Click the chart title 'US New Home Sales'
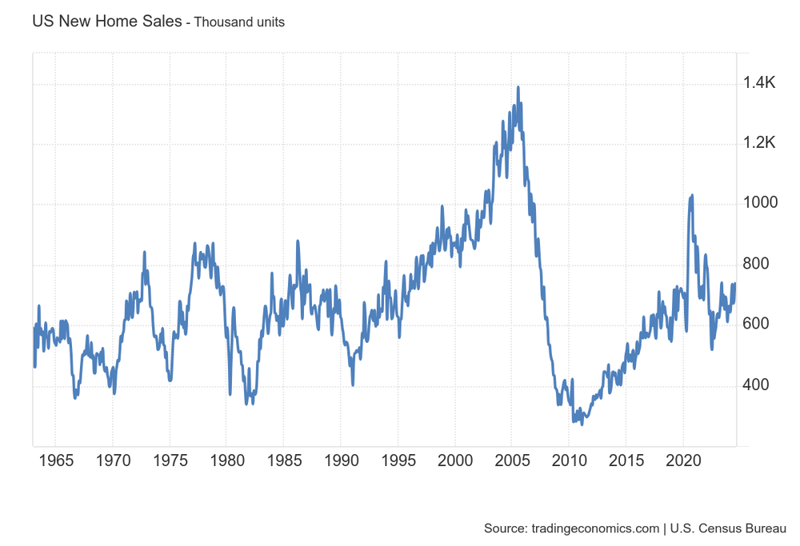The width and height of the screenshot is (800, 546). click(x=106, y=22)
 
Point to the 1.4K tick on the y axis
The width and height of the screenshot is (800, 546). click(x=761, y=82)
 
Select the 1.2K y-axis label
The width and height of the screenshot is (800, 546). click(x=761, y=143)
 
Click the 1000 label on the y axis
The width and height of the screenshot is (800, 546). click(x=761, y=203)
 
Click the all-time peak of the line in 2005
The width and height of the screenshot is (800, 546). click(x=518, y=87)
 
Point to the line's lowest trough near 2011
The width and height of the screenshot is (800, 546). click(x=582, y=424)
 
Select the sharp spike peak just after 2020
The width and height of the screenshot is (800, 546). click(x=692, y=195)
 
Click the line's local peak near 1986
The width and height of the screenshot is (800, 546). click(x=298, y=241)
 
